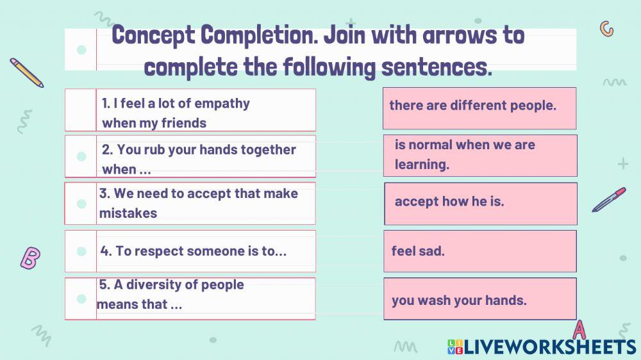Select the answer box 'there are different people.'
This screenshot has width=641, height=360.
tap(479, 106)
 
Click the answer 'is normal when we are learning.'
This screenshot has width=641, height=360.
tap(479, 155)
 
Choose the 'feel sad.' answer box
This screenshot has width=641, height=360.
tap(479, 251)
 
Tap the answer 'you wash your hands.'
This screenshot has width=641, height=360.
tap(479, 299)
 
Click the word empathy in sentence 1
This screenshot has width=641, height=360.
tap(222, 104)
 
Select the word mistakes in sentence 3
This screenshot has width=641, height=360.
tap(128, 213)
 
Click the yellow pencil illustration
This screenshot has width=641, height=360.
tap(27, 72)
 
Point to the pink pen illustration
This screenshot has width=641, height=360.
tap(608, 200)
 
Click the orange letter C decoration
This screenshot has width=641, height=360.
tap(606, 29)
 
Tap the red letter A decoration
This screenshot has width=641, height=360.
tap(579, 329)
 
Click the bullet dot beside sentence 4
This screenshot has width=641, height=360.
tap(81, 251)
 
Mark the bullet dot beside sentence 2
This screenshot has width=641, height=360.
tap(81, 156)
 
